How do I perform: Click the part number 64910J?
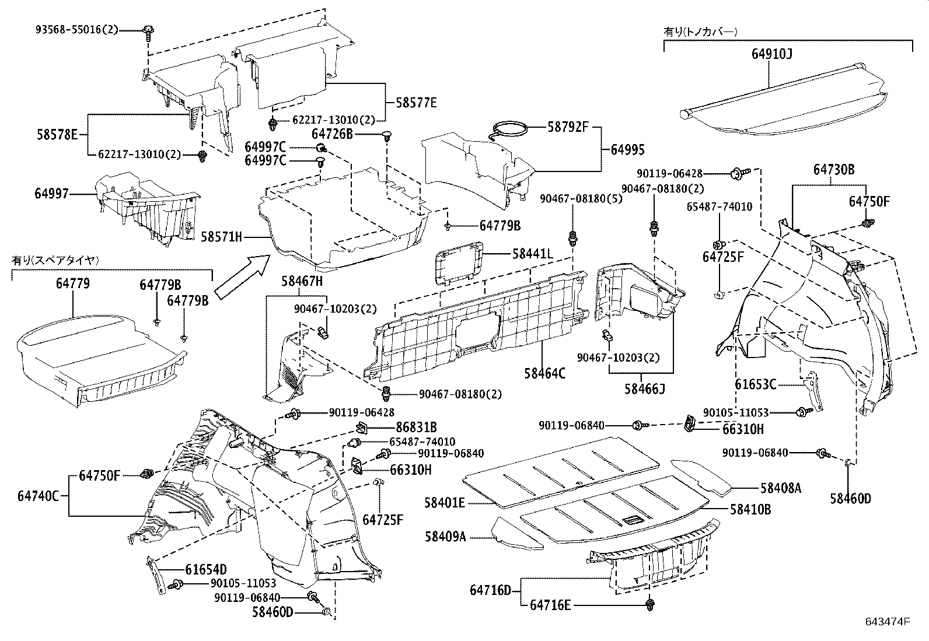(771, 54)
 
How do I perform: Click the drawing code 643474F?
(887, 622)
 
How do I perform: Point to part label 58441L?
(532, 254)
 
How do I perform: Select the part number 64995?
(627, 150)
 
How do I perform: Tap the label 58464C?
(544, 373)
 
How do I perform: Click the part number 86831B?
(417, 428)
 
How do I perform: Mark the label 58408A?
(780, 488)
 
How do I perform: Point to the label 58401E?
(445, 502)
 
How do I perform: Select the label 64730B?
(834, 170)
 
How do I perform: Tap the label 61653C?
(755, 384)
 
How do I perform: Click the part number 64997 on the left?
(51, 194)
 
